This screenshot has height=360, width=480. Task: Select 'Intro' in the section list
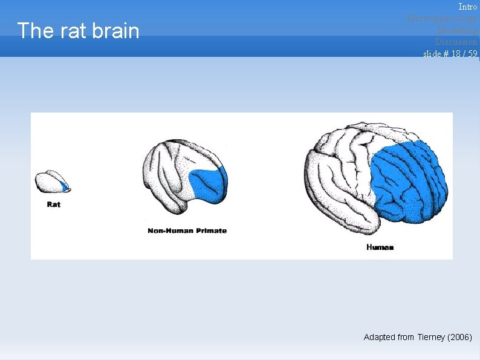pyautogui.click(x=467, y=7)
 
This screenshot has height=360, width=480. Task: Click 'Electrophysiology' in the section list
pyautogui.click(x=442, y=18)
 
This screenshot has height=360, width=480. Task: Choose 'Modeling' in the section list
pyautogui.click(x=457, y=30)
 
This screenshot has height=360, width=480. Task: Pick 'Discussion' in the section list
pyautogui.click(x=456, y=42)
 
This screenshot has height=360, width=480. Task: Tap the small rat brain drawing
pyautogui.click(x=51, y=182)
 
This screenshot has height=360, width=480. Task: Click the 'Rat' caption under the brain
pyautogui.click(x=54, y=205)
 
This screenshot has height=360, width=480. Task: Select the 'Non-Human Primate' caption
pyautogui.click(x=187, y=231)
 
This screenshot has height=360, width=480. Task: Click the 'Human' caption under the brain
pyautogui.click(x=380, y=247)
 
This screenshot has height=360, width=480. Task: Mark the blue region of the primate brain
pyautogui.click(x=207, y=185)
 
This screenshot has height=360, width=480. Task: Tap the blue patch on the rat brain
pyautogui.click(x=63, y=186)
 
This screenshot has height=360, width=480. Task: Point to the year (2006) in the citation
pyautogui.click(x=459, y=337)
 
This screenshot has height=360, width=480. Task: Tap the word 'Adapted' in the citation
pyautogui.click(x=379, y=337)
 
